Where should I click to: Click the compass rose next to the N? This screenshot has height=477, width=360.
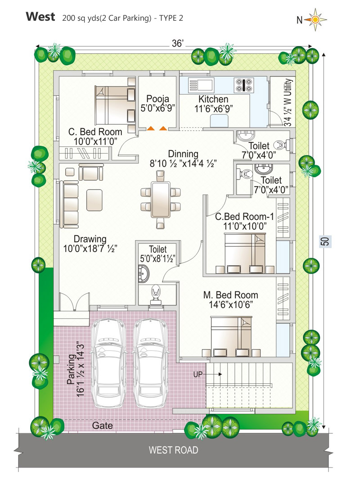[315, 20]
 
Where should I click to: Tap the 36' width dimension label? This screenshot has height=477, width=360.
[178, 44]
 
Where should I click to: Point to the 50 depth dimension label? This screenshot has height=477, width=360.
[325, 241]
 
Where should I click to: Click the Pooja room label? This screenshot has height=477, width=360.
[157, 99]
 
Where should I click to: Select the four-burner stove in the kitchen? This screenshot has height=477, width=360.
[243, 85]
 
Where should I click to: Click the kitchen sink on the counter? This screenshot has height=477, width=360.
[201, 85]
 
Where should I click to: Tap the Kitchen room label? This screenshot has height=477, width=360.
[213, 99]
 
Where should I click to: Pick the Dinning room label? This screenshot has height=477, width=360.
[183, 154]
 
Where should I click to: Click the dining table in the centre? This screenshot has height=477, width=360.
[161, 199]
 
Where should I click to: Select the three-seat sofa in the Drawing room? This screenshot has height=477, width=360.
[69, 204]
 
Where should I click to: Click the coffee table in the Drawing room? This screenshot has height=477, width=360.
[94, 200]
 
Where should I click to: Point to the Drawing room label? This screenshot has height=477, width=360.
[90, 239]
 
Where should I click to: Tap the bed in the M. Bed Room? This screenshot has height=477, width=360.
[231, 336]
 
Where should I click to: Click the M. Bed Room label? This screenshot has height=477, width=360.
[230, 295]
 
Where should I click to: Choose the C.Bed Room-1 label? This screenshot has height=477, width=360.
[244, 217]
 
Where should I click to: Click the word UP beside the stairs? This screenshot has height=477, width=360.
[198, 374]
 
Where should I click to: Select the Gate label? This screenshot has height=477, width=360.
[103, 425]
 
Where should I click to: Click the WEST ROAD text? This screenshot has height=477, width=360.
[173, 450]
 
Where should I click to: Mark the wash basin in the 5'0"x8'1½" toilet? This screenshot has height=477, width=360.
[144, 273]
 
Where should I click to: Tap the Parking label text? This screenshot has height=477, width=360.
[71, 369]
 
